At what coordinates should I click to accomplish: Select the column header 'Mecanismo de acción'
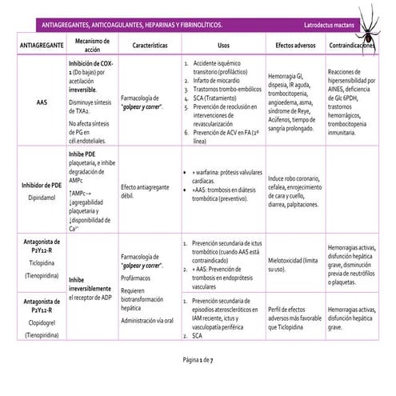[x=90, y=44]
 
